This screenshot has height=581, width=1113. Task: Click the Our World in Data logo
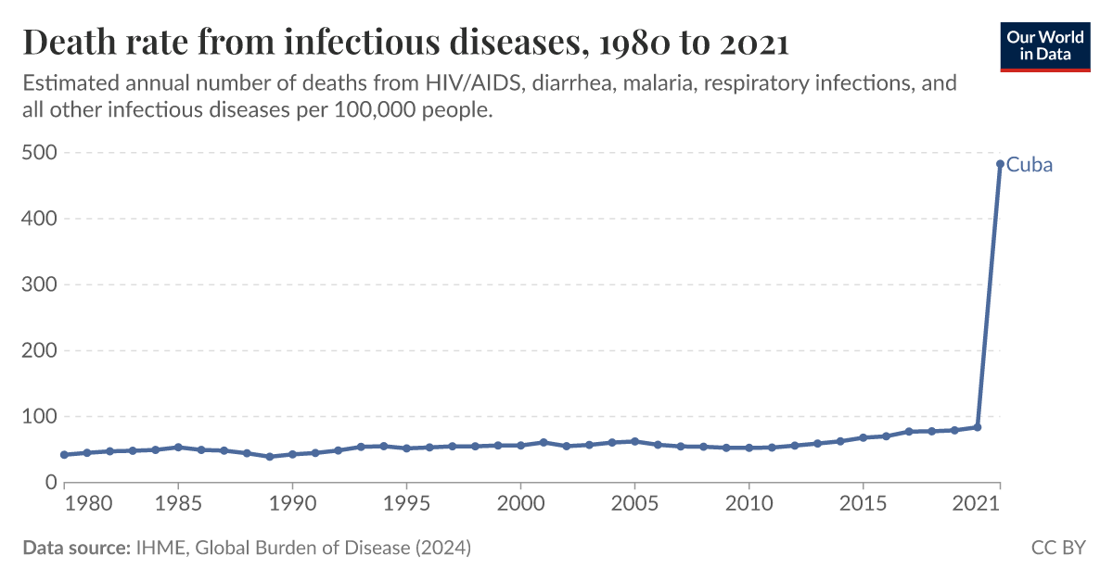click(1043, 44)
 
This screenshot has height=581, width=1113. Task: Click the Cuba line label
click(1030, 166)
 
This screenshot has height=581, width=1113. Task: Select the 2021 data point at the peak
click(1000, 164)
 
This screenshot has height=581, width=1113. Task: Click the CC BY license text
click(1058, 548)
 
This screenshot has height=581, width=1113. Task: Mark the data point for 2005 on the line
click(634, 441)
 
